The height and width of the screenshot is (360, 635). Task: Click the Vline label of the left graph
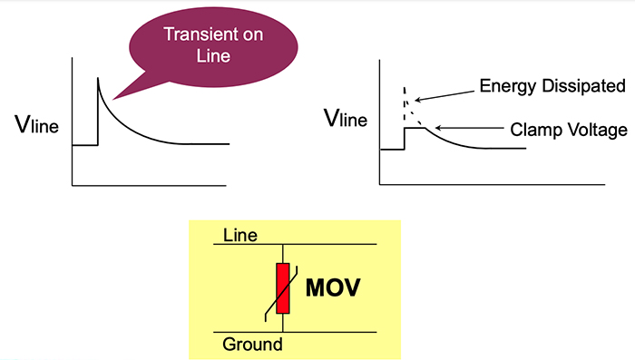pos(37,126)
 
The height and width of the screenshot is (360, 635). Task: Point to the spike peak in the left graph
pos(98,81)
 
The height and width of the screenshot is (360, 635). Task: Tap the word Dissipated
pos(581,87)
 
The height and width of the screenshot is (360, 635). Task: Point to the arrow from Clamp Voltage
pos(454,130)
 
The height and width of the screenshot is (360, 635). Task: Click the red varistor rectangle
pos(284,288)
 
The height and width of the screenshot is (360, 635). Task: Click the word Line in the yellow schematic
pos(240,236)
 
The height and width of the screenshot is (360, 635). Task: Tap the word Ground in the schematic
pos(252,345)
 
